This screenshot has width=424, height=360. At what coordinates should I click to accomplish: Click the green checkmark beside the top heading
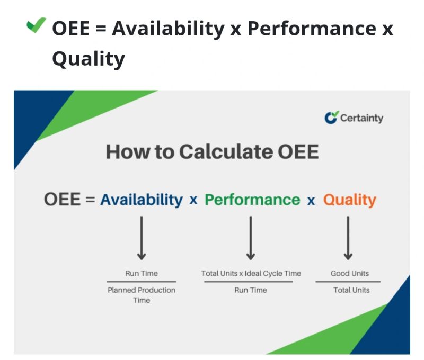pyautogui.click(x=36, y=26)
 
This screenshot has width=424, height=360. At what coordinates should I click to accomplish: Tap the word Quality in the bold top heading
pyautogui.click(x=88, y=58)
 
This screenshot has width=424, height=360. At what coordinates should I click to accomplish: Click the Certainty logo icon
pyautogui.click(x=331, y=118)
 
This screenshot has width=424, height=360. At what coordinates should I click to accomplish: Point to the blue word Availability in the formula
pyautogui.click(x=142, y=200)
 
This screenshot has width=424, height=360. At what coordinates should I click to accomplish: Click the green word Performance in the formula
pyautogui.click(x=252, y=200)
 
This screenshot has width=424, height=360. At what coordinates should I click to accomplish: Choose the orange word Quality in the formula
pyautogui.click(x=350, y=200)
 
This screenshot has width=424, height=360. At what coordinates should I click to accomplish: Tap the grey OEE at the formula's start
pyautogui.click(x=62, y=200)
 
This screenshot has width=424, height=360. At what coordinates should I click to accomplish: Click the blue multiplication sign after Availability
pyautogui.click(x=193, y=200)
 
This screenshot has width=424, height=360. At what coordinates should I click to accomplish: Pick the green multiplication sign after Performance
pyautogui.click(x=311, y=200)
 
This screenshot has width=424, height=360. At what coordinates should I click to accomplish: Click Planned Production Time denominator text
pyautogui.click(x=142, y=295)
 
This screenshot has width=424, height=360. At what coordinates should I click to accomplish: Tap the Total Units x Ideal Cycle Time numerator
pyautogui.click(x=251, y=274)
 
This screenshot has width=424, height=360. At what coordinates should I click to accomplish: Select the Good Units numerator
pyautogui.click(x=350, y=274)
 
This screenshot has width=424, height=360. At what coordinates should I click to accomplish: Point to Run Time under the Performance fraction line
pyautogui.click(x=251, y=290)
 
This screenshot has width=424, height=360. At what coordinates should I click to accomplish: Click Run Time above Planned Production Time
pyautogui.click(x=142, y=274)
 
